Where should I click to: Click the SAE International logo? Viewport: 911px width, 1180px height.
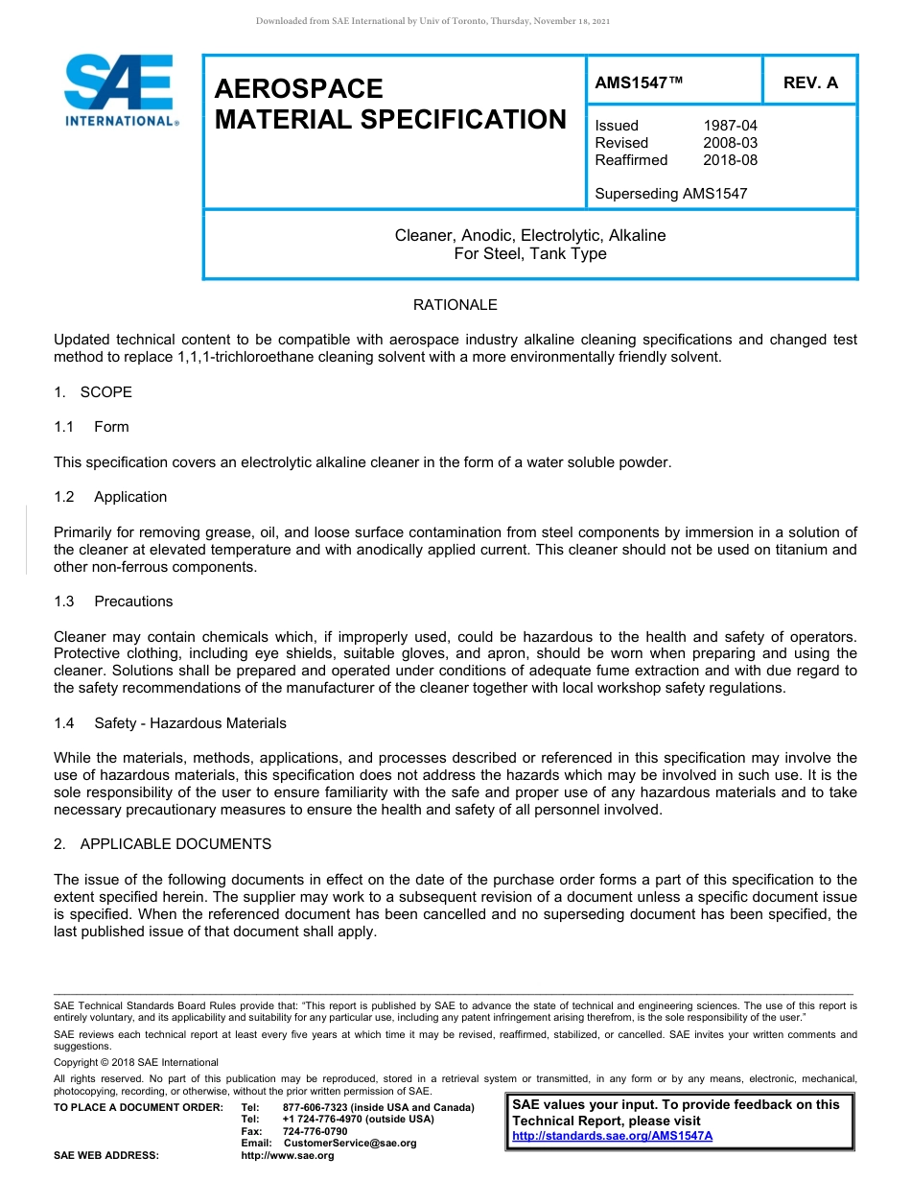120,90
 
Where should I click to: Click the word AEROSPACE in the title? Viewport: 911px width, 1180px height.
298,89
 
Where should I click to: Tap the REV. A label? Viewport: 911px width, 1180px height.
810,83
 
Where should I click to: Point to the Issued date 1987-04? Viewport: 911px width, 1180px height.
730,126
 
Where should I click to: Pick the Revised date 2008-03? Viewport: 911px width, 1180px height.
730,143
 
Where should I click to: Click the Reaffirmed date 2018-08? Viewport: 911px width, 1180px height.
730,160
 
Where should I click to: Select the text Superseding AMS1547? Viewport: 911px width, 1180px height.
670,194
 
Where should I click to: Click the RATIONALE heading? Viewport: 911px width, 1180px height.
455,305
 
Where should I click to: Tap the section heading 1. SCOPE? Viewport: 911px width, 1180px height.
93,392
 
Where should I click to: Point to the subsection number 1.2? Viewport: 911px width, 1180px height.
64,497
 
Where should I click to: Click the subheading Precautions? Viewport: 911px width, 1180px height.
133,602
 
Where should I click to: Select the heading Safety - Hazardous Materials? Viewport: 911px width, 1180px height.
190,723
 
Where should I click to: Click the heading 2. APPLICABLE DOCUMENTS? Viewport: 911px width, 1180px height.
163,844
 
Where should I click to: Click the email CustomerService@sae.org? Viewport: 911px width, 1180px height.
350,1143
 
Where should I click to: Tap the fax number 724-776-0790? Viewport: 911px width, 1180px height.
315,1131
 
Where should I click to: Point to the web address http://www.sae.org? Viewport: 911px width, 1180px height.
288,1155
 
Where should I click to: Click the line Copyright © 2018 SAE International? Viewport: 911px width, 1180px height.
136,1062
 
